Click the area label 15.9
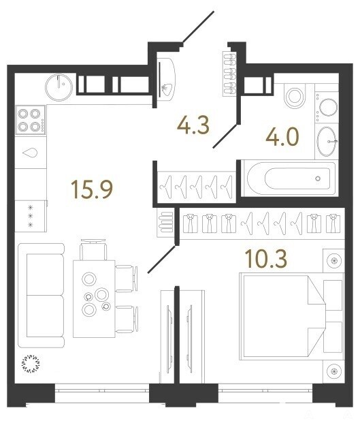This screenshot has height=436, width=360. [93, 189]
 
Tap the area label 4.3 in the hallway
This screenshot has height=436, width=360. [193, 125]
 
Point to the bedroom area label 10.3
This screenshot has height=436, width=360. [266, 259]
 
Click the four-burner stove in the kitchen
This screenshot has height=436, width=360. [31, 120]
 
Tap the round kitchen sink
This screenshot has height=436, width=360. [59, 87]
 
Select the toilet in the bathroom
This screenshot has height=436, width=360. [295, 96]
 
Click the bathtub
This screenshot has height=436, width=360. [291, 178]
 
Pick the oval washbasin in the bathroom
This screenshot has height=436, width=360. [327, 141]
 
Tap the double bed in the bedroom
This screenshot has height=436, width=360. [283, 316]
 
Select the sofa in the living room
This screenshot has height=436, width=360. [41, 295]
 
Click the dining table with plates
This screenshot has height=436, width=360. [94, 299]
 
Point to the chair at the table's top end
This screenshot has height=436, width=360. [93, 249]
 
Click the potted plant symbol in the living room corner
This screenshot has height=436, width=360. [31, 363]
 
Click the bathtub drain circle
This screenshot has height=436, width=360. [318, 178]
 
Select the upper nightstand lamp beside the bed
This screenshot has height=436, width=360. [334, 260]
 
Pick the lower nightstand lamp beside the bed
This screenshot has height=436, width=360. [334, 371]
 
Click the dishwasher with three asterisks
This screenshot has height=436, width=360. [31, 216]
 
